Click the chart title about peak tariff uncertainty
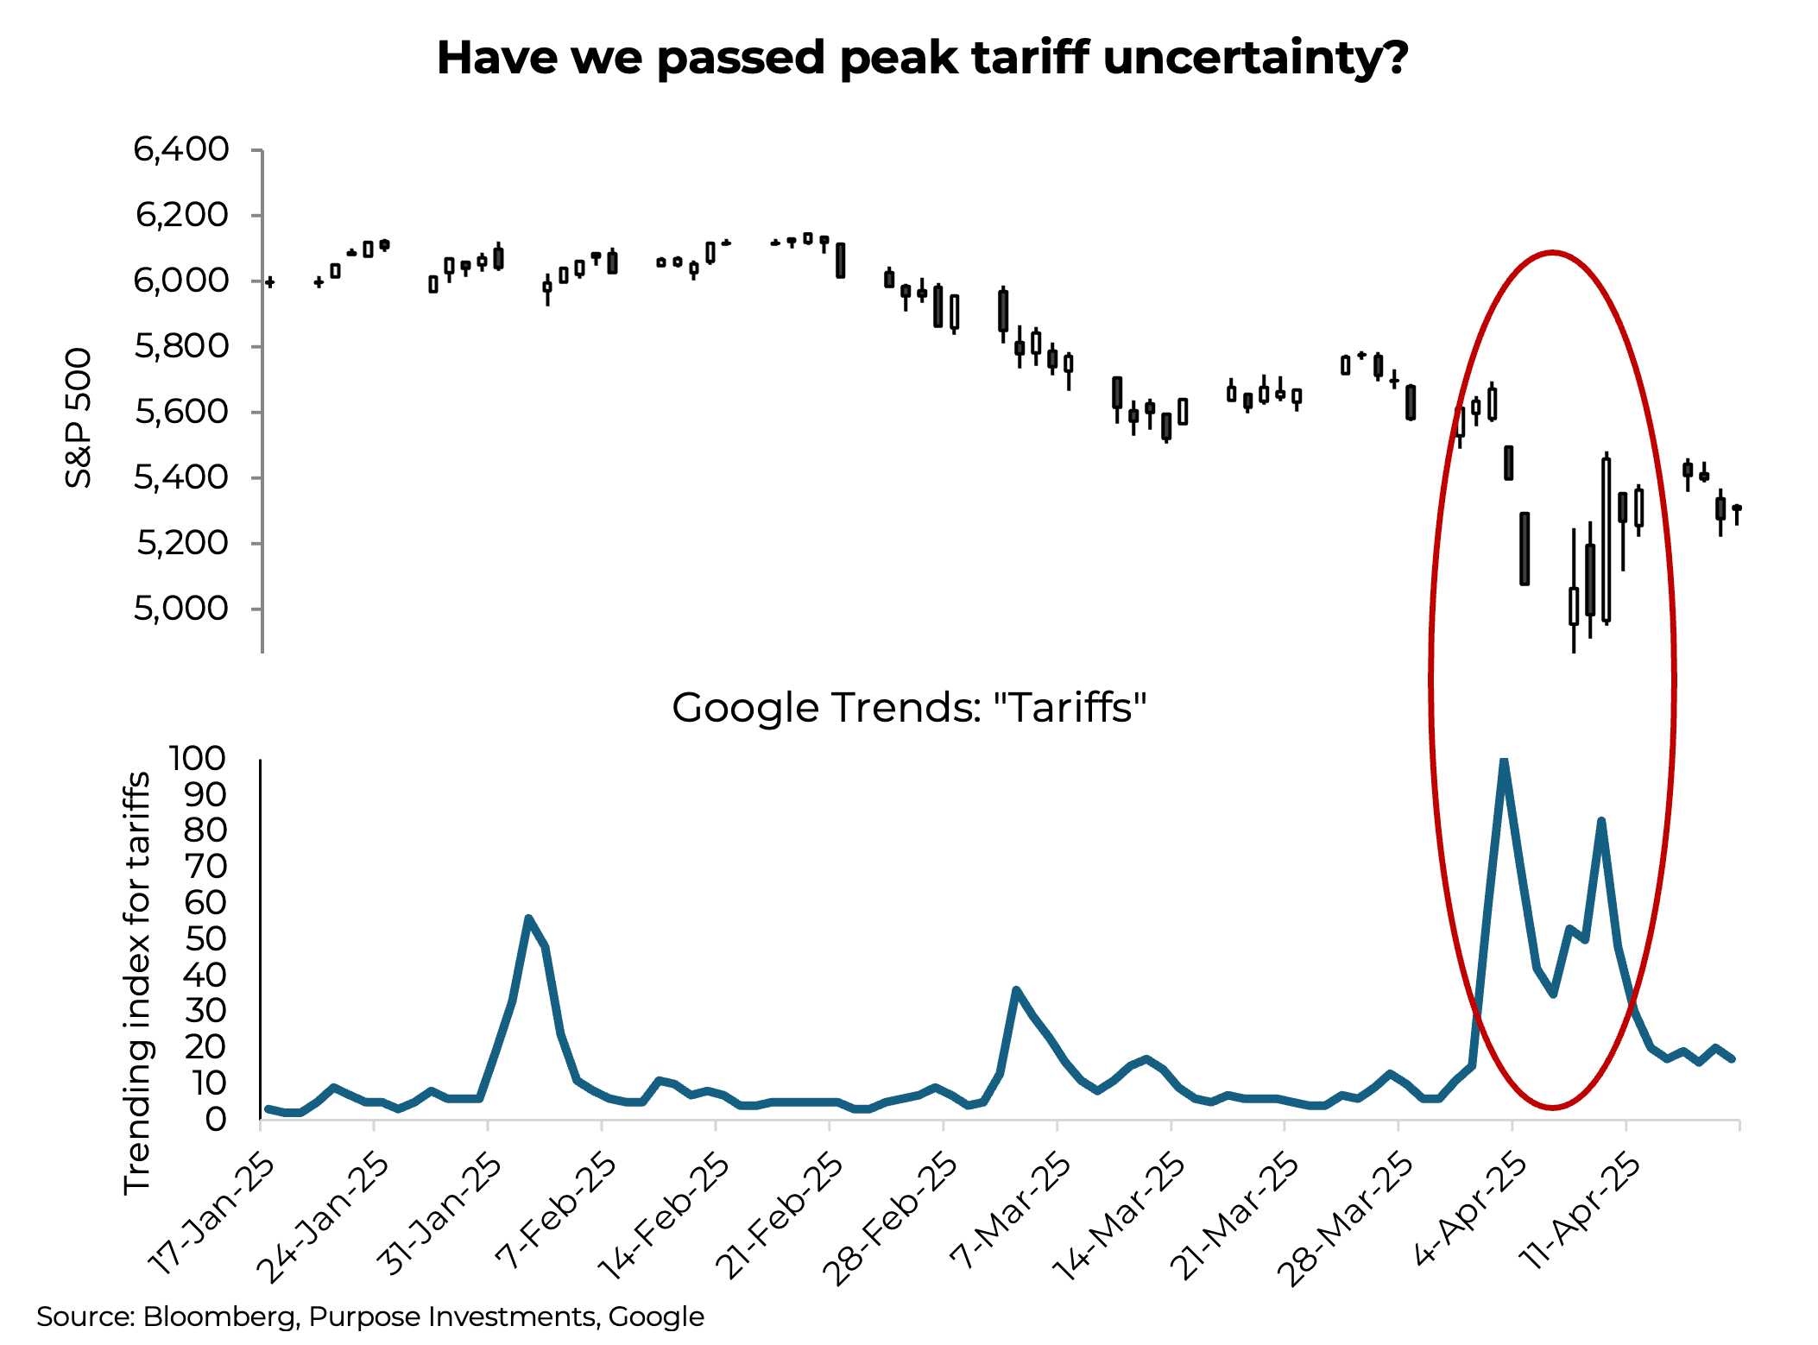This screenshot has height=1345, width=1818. point(922,59)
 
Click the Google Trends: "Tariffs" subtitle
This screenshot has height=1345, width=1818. point(909,708)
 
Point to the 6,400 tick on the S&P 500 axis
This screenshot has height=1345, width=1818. point(181,149)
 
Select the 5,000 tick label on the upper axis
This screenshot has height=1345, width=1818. point(181,609)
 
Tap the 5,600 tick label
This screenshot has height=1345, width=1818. point(181,412)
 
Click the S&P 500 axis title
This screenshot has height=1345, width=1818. point(79,418)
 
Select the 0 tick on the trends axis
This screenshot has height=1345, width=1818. point(216,1120)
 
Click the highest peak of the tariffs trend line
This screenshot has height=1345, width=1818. point(1504,762)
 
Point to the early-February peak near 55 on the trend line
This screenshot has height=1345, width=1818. point(528,919)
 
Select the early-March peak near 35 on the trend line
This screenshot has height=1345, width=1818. point(1016,990)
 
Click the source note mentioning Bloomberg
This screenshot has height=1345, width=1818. point(369,1317)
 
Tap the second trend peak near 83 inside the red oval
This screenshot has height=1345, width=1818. point(1601,821)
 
